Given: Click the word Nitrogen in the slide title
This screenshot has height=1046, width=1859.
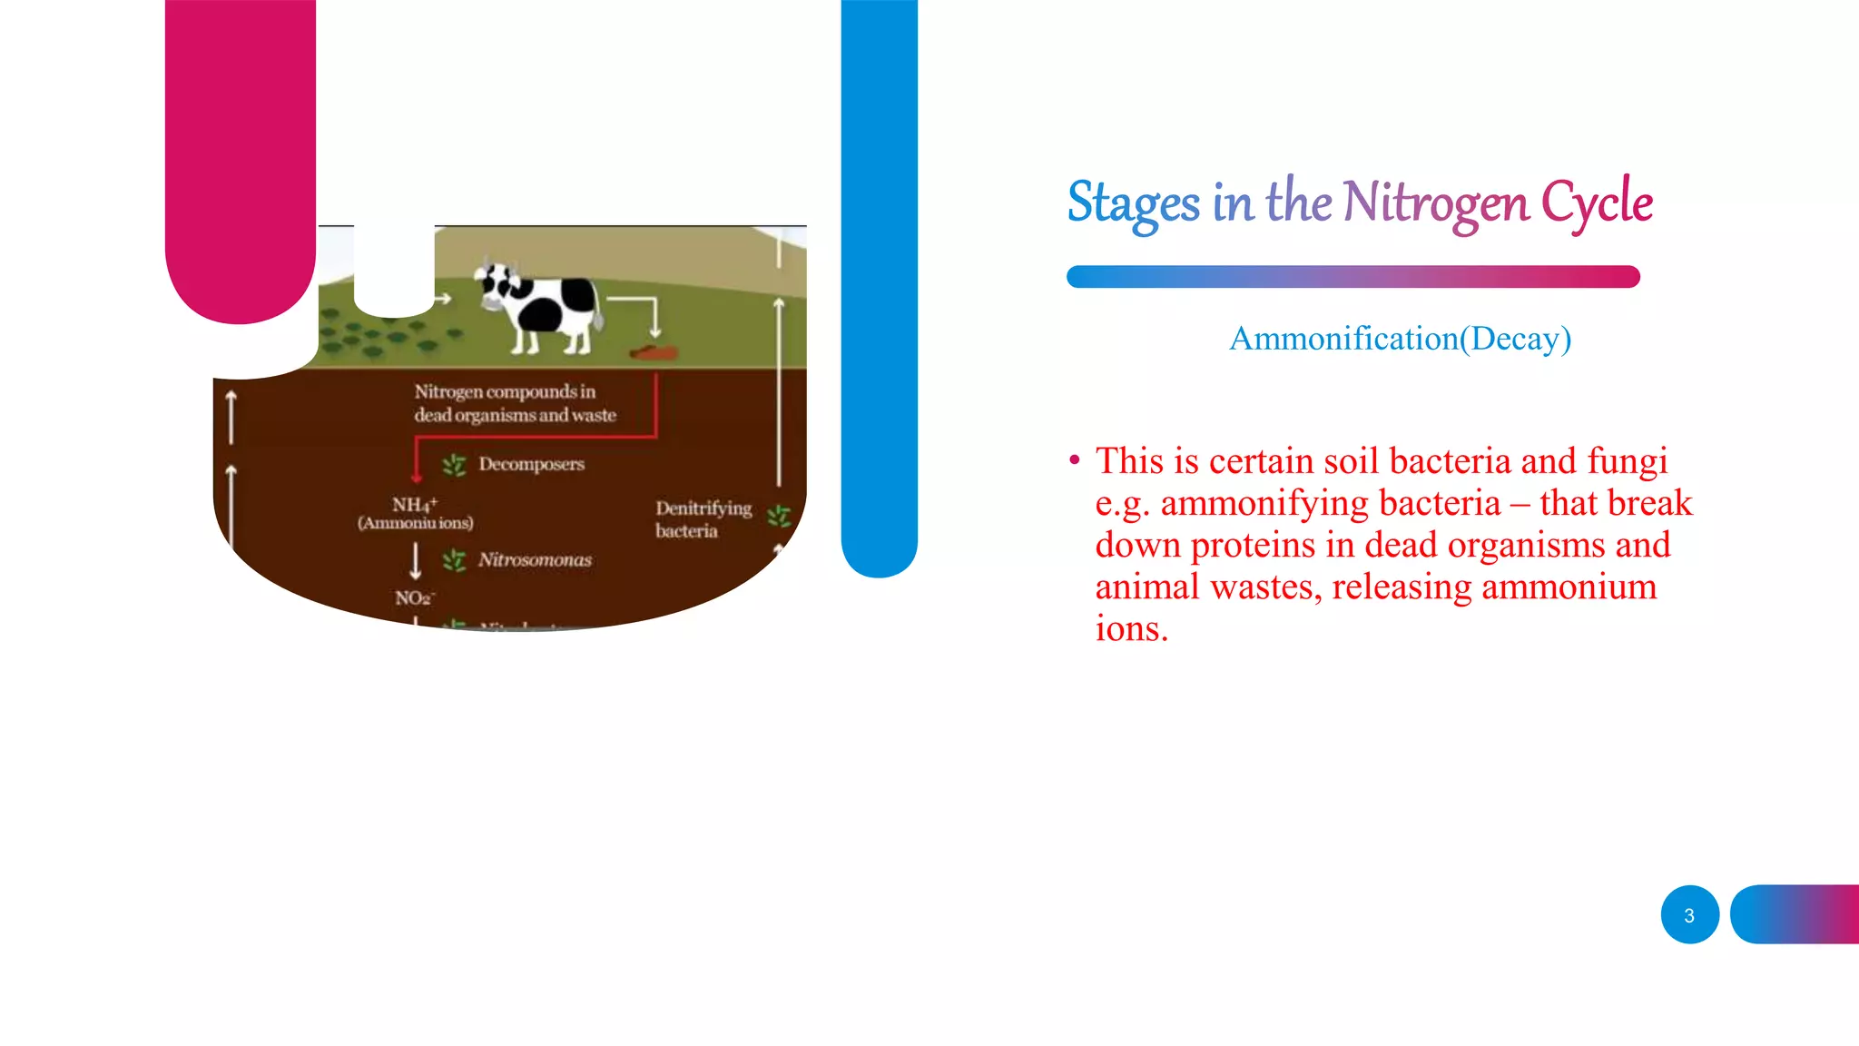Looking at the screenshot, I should point(1435,202).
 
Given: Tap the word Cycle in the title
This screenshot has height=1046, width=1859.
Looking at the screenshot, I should point(1597,202).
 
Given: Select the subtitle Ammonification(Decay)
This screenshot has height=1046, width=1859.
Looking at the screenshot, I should point(1400,339).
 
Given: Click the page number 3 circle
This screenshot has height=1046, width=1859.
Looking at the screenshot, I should point(1689,915).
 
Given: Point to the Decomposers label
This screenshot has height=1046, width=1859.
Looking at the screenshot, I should point(531,464).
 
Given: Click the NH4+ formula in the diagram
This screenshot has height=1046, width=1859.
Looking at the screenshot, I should point(415,505).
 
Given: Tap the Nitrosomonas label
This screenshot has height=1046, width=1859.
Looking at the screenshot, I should point(535,560).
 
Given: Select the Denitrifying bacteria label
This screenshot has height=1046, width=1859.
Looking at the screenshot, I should point(703,519).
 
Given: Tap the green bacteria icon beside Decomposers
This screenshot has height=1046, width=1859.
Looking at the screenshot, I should point(454,466).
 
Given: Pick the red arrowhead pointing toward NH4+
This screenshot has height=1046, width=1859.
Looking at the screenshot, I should point(417,476).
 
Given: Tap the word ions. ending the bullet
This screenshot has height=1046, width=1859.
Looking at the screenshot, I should point(1131,628).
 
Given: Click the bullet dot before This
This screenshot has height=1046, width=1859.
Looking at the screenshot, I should point(1075,460).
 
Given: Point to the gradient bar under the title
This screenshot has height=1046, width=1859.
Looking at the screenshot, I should point(1352,277).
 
